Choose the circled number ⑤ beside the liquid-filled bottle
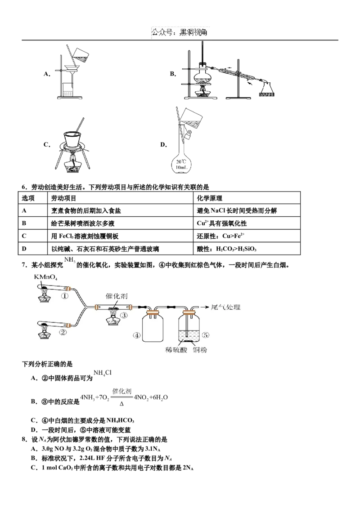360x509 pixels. (x=206, y=335)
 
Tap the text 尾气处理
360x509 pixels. (x=226, y=308)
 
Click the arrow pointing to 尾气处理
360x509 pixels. (x=204, y=308)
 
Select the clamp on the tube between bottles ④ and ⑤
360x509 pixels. (x=171, y=308)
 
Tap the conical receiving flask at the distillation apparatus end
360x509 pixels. (x=268, y=89)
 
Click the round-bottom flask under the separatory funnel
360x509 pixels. (x=182, y=165)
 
